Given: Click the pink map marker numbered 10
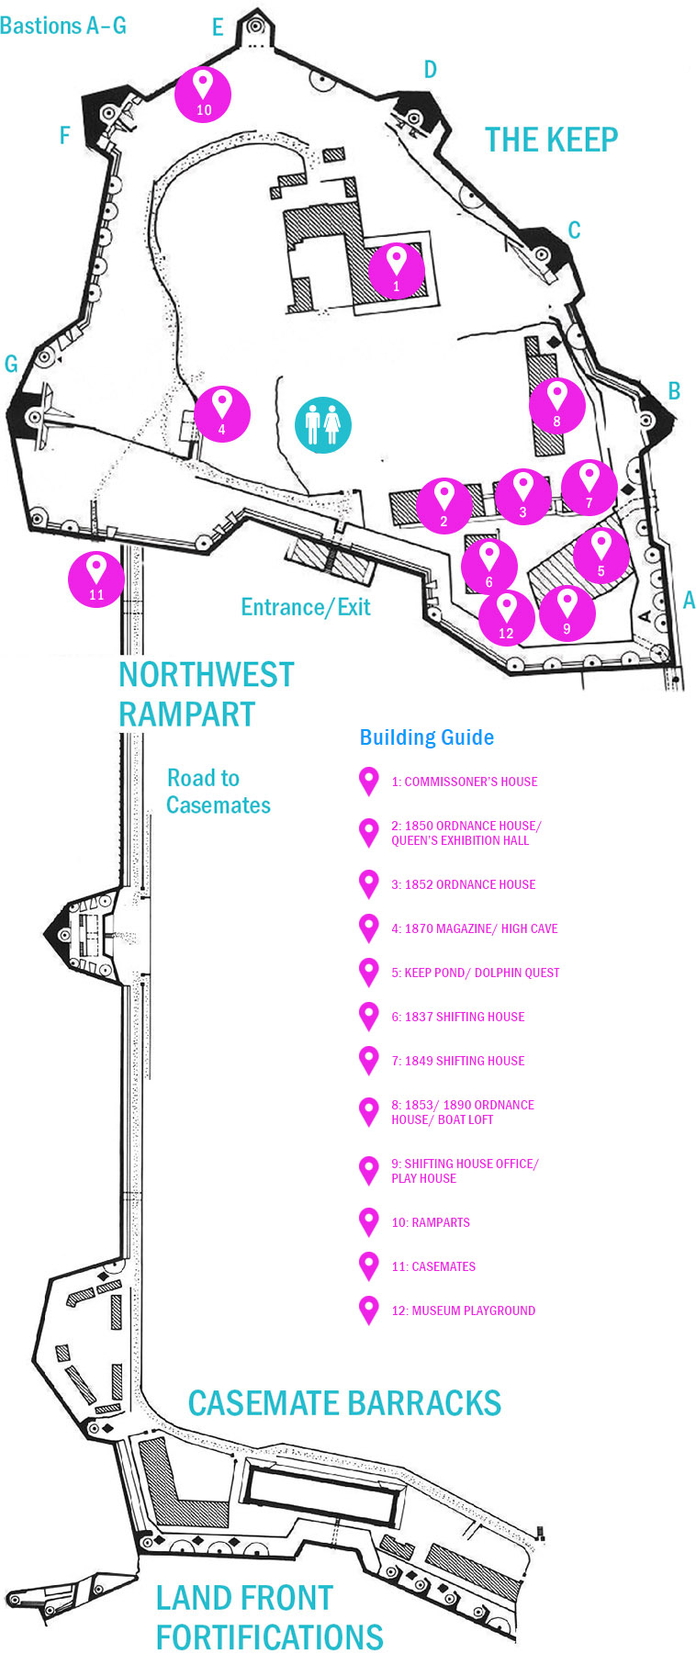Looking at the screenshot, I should [203, 94].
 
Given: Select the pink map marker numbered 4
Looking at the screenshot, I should [221, 414].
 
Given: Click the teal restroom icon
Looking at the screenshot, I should [322, 425].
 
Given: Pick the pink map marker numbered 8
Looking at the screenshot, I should [556, 406].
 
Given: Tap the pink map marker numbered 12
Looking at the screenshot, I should [506, 618].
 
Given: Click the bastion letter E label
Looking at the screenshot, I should [218, 28].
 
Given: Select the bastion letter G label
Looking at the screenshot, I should [11, 364].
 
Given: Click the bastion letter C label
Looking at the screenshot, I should [574, 230].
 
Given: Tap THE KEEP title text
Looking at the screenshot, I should [551, 140].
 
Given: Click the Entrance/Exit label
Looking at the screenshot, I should [305, 607].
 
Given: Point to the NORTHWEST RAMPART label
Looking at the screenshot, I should [206, 694].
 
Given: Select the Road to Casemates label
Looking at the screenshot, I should [218, 792].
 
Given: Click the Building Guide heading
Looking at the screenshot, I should [426, 737].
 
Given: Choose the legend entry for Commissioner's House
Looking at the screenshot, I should [464, 782].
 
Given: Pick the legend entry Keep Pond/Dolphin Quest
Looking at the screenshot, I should [475, 973].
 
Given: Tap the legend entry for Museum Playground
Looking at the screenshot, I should [463, 1310].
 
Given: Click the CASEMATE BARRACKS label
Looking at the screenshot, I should [344, 1403].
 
